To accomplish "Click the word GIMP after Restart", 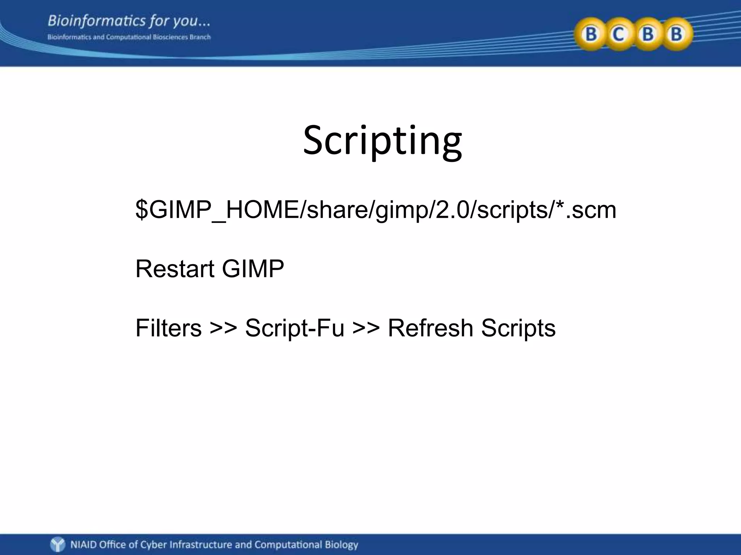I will (x=253, y=269).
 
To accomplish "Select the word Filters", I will (x=168, y=328).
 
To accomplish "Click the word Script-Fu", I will (x=295, y=328).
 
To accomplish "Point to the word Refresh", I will (x=430, y=328).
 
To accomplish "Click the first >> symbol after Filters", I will (x=223, y=328).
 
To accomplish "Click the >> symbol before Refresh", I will (x=366, y=328).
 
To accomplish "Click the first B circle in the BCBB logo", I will (x=591, y=34).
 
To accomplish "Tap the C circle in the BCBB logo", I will (x=619, y=34).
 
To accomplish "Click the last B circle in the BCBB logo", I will (x=676, y=34).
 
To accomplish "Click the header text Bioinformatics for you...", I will (x=128, y=21).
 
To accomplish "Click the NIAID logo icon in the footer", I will (x=58, y=544).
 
